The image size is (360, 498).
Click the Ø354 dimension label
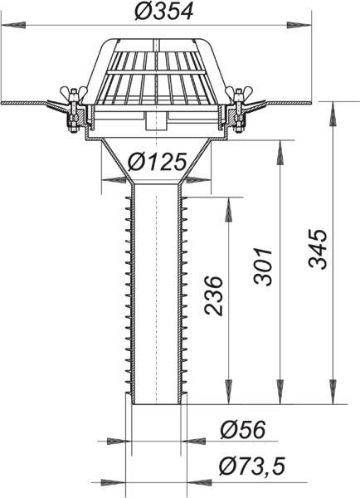(x=163, y=12)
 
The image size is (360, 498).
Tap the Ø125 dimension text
(x=157, y=162)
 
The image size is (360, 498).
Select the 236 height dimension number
(x=213, y=296)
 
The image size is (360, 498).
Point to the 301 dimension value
(x=263, y=266)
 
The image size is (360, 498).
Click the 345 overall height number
(x=318, y=249)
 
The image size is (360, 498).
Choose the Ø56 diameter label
(x=243, y=430)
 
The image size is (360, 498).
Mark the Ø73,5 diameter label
(x=252, y=466)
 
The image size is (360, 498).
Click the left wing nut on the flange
(x=74, y=92)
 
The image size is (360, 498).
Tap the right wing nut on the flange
(x=239, y=92)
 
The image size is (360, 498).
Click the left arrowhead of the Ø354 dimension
(x=13, y=25)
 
